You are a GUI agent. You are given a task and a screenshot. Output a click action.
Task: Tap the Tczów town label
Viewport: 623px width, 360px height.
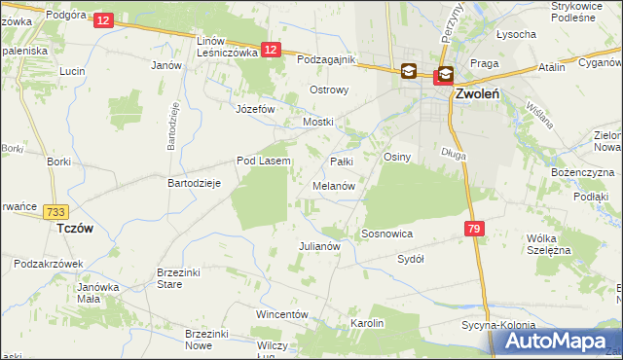pyautogui.click(x=75, y=227)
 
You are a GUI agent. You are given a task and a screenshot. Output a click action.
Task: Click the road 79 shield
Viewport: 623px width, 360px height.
pyautogui.click(x=474, y=229)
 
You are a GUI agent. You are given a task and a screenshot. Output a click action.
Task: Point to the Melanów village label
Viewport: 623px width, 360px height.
pyautogui.click(x=334, y=185)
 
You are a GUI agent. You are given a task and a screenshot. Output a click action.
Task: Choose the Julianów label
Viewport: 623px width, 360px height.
pyautogui.click(x=318, y=246)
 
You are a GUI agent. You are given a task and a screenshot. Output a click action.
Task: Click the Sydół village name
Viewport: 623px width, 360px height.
pyautogui.click(x=411, y=260)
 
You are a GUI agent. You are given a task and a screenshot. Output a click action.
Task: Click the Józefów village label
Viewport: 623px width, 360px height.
pyautogui.click(x=256, y=109)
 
